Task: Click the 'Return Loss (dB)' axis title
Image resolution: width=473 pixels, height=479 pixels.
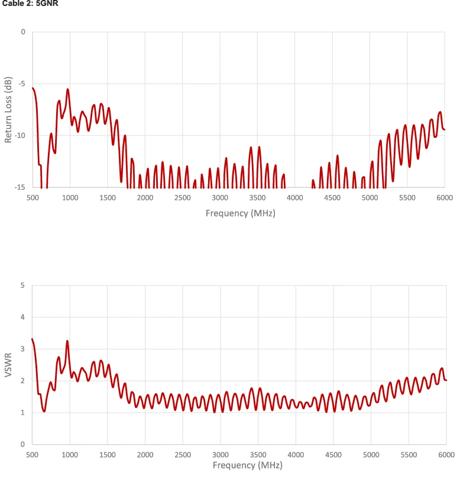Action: (8, 109)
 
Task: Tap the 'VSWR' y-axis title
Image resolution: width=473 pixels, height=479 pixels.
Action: (8, 364)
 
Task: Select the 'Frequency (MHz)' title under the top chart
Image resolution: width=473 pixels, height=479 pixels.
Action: (240, 213)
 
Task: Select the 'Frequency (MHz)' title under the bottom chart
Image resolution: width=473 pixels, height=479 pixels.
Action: (240, 465)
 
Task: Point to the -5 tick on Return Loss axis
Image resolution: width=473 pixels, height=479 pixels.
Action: (22, 83)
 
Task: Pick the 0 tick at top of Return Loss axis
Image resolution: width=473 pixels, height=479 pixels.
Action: (23, 32)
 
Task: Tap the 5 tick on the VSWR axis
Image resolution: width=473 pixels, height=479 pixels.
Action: (23, 286)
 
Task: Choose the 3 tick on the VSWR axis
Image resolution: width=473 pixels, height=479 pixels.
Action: (23, 349)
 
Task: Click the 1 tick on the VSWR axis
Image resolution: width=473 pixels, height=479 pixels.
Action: (23, 412)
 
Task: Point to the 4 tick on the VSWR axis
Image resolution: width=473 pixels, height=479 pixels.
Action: (23, 317)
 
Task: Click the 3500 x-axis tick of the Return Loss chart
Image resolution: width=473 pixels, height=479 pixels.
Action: (257, 198)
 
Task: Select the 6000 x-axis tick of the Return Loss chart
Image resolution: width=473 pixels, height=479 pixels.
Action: (445, 198)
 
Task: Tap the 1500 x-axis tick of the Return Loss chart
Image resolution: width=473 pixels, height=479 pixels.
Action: (108, 198)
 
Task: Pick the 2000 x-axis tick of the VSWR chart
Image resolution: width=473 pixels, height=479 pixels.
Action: (145, 454)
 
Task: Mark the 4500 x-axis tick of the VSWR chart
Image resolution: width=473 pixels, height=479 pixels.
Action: (333, 454)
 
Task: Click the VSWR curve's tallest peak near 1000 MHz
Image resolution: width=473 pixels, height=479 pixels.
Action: (67, 341)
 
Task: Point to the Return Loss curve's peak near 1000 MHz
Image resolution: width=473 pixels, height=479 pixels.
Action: (68, 89)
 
